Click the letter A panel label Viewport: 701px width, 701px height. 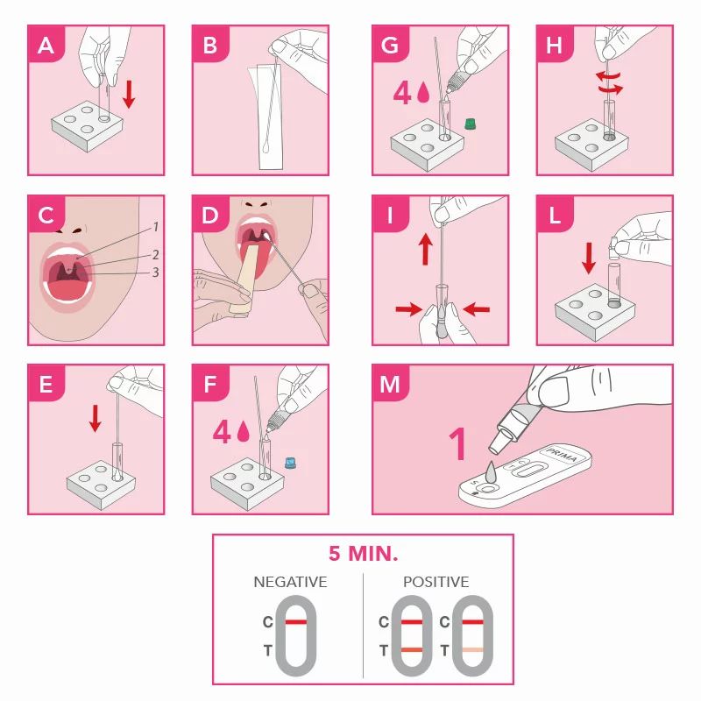point(46,46)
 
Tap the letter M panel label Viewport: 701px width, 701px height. point(389,384)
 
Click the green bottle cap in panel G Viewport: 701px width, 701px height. point(470,124)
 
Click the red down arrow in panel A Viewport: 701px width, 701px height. point(129,94)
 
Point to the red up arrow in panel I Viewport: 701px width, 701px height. point(426,249)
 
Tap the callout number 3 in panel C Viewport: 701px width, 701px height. point(155,273)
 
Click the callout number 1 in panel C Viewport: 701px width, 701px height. point(156,227)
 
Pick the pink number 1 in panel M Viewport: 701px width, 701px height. point(457,443)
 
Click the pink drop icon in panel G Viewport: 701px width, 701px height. point(423,93)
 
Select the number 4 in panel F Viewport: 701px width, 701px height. point(222,432)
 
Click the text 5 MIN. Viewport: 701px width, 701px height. point(363,554)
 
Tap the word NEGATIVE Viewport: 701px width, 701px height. point(290,582)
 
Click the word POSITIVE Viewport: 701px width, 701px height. point(435,582)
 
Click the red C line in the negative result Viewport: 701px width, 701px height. point(296,622)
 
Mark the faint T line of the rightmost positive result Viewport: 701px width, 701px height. point(472,650)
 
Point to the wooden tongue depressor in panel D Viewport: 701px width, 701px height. point(246,277)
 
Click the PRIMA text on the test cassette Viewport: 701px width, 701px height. point(562,455)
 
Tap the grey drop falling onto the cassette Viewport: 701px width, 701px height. point(491,471)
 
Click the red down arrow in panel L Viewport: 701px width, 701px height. point(589,258)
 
